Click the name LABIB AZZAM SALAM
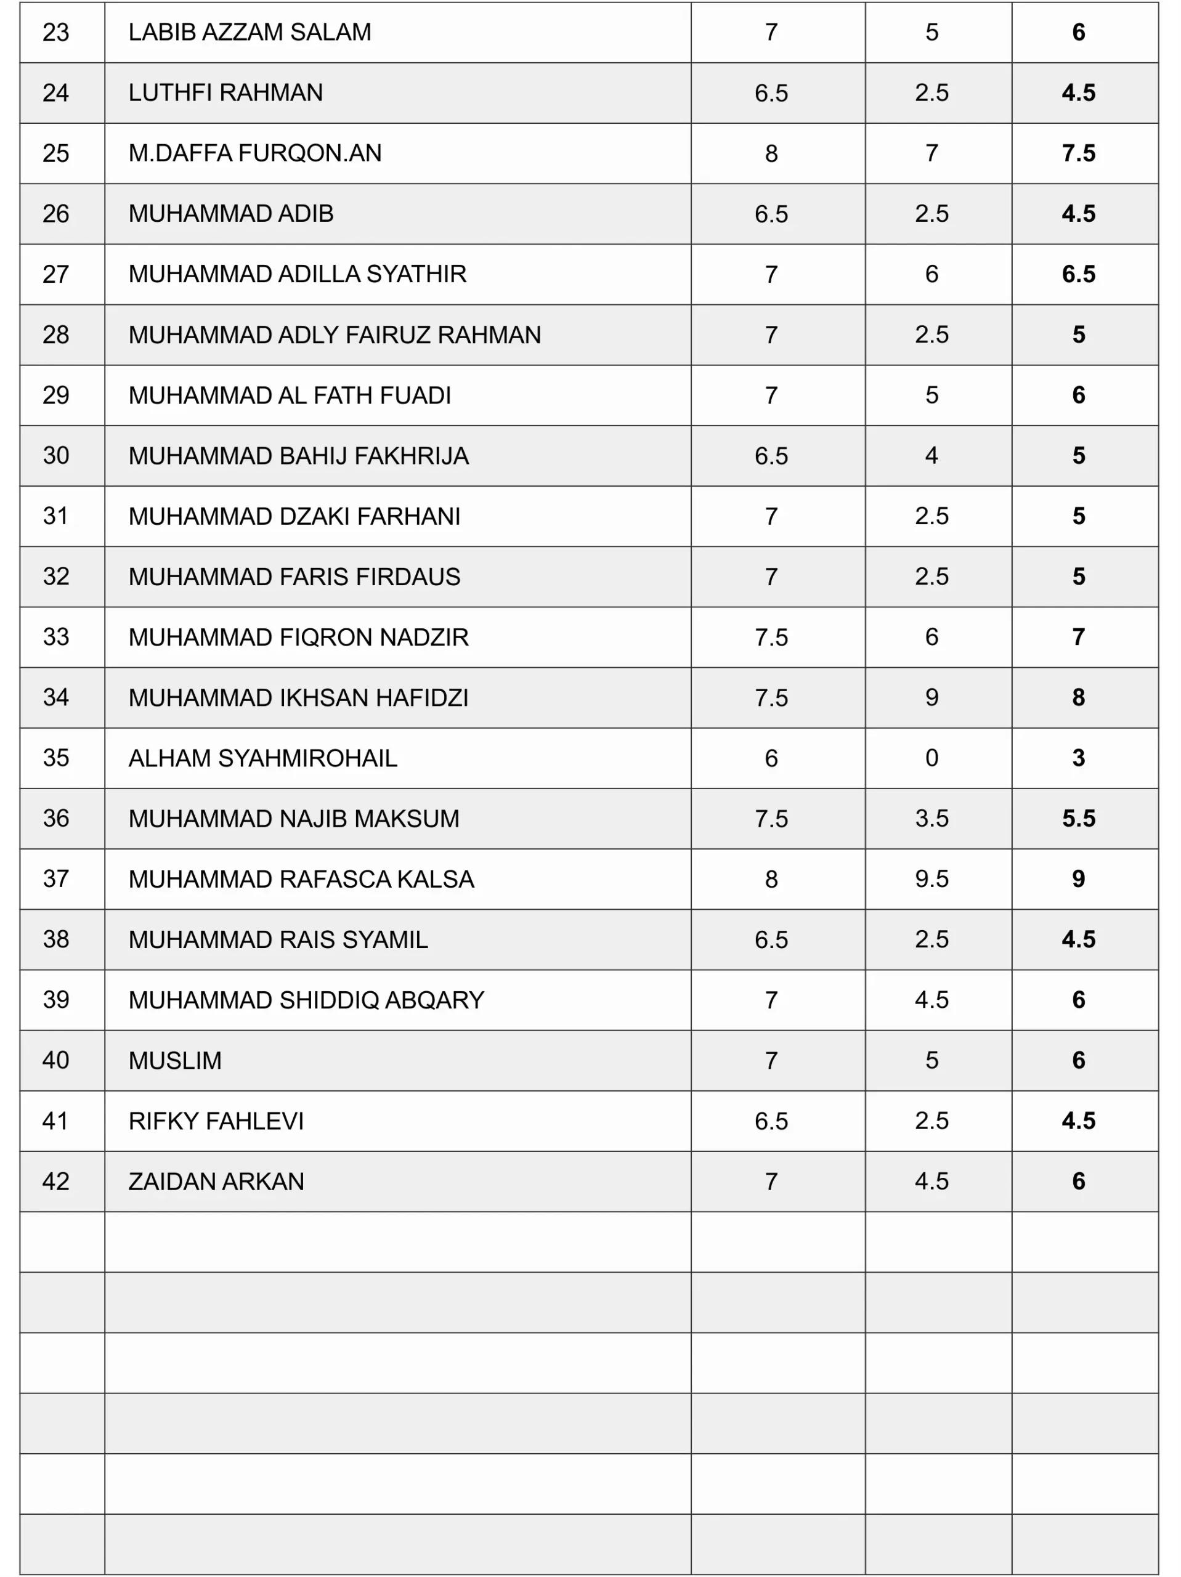click(250, 33)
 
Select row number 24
click(55, 92)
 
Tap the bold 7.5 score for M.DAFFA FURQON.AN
click(1078, 153)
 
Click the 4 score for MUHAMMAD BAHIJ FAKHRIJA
click(931, 456)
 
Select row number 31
click(55, 516)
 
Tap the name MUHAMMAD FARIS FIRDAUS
click(294, 577)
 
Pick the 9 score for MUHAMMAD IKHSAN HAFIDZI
click(931, 698)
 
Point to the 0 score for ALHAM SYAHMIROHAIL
click(931, 758)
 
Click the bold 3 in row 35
click(1078, 758)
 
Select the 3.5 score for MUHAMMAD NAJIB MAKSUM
click(931, 819)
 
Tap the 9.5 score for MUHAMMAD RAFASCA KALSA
click(931, 879)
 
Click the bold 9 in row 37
click(1078, 879)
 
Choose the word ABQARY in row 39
click(434, 1000)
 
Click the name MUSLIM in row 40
click(175, 1061)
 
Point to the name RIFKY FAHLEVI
click(216, 1121)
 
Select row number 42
click(55, 1182)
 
